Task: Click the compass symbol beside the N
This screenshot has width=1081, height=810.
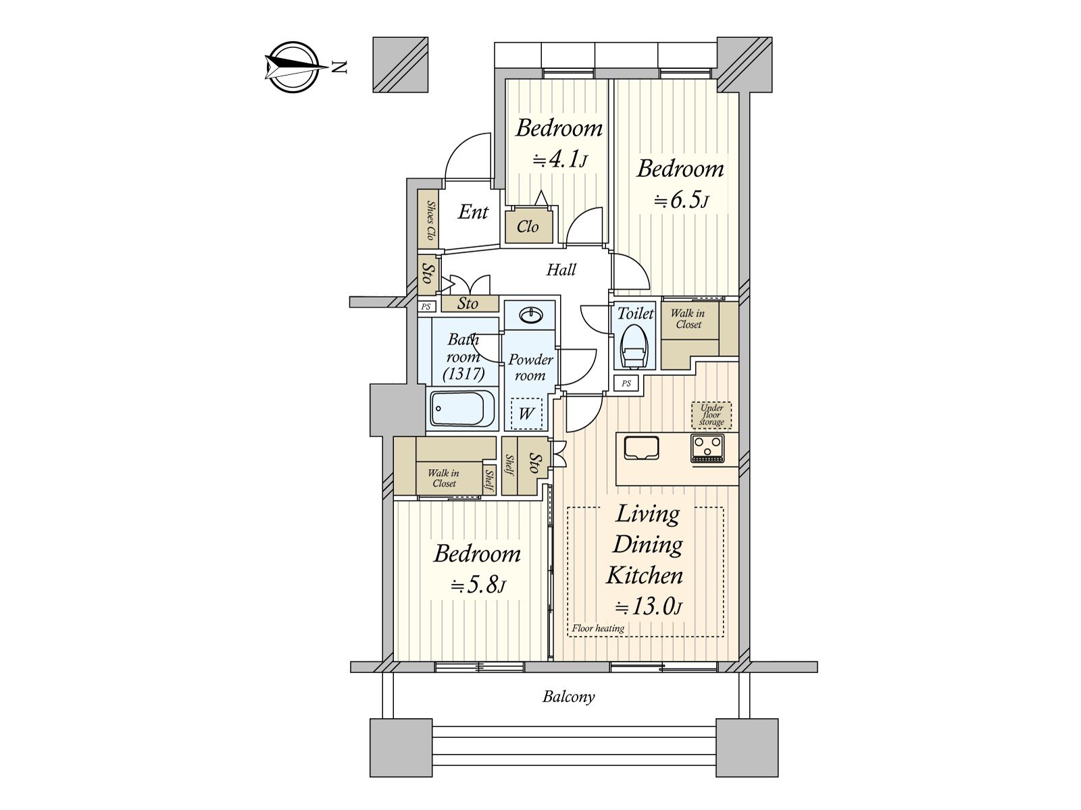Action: click(293, 67)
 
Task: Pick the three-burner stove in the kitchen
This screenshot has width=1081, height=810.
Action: click(707, 448)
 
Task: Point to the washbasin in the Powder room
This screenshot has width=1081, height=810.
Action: click(530, 315)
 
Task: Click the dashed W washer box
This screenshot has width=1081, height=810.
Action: click(526, 413)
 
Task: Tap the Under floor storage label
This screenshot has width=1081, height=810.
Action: click(711, 415)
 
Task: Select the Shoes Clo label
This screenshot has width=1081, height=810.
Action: click(430, 221)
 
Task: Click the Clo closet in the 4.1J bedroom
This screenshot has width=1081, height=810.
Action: click(528, 227)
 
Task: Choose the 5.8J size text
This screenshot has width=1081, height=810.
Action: click(478, 585)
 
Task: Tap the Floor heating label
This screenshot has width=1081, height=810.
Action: click(598, 628)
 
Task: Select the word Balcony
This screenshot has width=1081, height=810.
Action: click(568, 697)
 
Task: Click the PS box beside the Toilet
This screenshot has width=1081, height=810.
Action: click(626, 383)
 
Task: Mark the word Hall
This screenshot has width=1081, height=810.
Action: click(561, 270)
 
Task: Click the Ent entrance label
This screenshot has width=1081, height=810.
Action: click(473, 212)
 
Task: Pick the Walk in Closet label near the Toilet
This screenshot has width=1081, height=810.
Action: click(688, 319)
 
